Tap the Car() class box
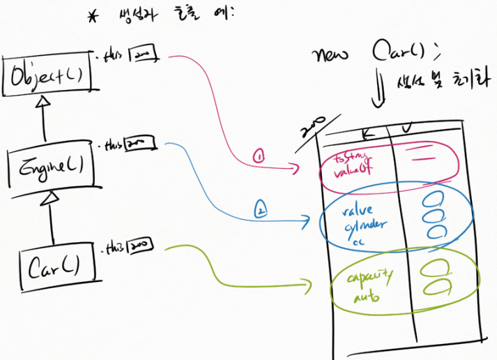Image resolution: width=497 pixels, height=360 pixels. (53, 265)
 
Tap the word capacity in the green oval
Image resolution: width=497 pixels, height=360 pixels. (370, 278)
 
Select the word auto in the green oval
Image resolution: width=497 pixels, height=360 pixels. (365, 298)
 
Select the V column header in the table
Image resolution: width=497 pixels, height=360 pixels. (406, 127)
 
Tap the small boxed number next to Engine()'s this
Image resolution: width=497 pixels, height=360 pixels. (138, 145)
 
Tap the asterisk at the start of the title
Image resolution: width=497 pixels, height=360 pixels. (93, 17)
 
